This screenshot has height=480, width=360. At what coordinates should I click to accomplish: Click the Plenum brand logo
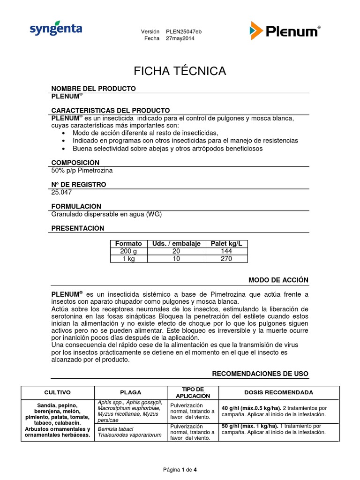pyautogui.click(x=285, y=31)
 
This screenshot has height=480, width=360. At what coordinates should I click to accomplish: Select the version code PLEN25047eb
pyautogui.click(x=184, y=31)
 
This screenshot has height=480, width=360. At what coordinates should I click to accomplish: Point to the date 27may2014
pyautogui.click(x=180, y=38)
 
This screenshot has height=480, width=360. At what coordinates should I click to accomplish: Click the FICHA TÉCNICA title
pyautogui.click(x=180, y=71)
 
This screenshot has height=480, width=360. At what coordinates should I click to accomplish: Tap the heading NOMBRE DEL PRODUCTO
pyautogui.click(x=93, y=88)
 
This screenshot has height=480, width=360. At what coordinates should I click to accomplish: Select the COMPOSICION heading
pyautogui.click(x=75, y=162)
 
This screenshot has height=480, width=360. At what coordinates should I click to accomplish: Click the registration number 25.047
pyautogui.click(x=60, y=192)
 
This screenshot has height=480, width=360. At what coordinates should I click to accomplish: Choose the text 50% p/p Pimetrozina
pyautogui.click(x=82, y=170)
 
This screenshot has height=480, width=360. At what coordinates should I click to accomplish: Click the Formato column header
pyautogui.click(x=128, y=244)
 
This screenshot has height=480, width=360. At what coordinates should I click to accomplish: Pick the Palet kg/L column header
pyautogui.click(x=229, y=244)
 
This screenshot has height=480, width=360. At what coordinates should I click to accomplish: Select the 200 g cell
pyautogui.click(x=128, y=251)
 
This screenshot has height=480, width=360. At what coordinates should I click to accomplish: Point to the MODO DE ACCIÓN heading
pyautogui.click(x=278, y=280)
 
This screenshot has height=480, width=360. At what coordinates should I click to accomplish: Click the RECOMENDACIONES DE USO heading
pyautogui.click(x=260, y=374)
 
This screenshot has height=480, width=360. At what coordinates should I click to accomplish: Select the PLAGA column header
pyautogui.click(x=131, y=392)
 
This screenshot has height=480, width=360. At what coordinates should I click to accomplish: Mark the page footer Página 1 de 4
pyautogui.click(x=180, y=470)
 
